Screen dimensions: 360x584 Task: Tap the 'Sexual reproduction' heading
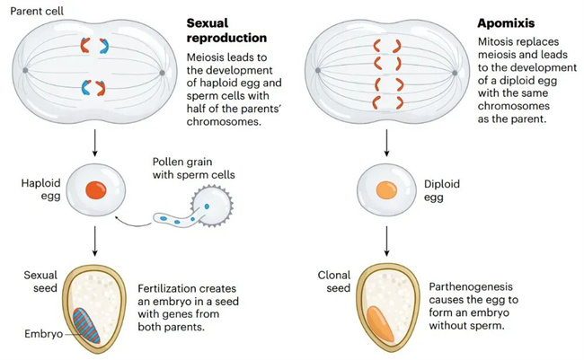[x=226, y=30]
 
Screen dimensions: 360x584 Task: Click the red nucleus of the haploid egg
[x=95, y=191]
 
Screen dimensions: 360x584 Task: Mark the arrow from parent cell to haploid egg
[x=95, y=140]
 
